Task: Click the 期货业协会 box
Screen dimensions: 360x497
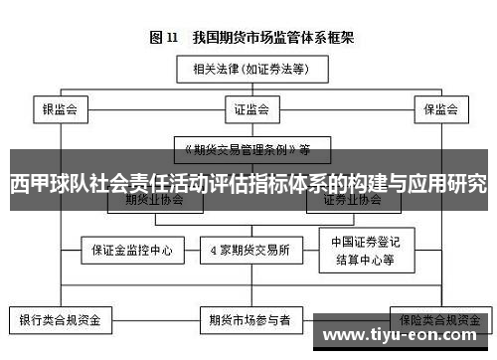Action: pyautogui.click(x=155, y=199)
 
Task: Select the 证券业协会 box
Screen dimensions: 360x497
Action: pyautogui.click(x=352, y=199)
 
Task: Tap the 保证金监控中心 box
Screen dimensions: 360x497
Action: pyautogui.click(x=133, y=250)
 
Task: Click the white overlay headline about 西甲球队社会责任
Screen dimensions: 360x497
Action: pyautogui.click(x=248, y=184)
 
